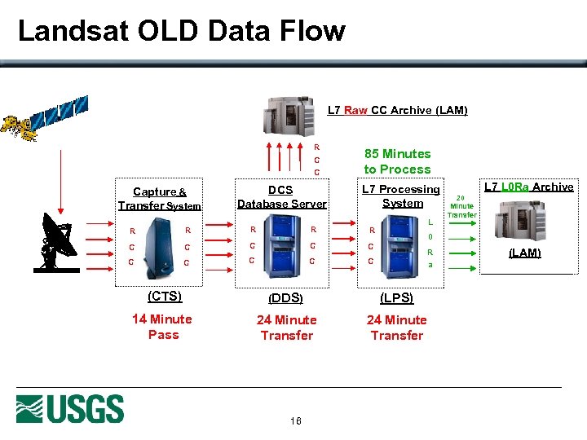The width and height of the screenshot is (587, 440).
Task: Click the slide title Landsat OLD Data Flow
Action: point(181,31)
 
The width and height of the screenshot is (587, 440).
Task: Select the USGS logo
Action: point(70,409)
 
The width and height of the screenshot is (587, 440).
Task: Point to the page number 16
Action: point(294,421)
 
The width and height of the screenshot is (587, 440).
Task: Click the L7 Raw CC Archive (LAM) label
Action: point(397,110)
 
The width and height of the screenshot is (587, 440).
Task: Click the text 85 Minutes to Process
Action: point(397,161)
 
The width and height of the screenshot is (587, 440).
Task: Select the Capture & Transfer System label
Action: point(160,199)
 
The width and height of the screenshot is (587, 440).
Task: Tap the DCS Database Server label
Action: point(281,196)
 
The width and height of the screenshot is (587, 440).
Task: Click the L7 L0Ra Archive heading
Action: point(528,187)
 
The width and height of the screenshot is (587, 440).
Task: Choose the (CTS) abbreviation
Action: point(164,297)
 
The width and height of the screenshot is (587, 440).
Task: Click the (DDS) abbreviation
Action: point(285,298)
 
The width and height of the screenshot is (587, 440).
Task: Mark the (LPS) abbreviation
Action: point(396,298)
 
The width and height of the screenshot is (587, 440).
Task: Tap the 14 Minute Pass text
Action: point(162,327)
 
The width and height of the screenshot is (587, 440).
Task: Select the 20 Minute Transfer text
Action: point(461,206)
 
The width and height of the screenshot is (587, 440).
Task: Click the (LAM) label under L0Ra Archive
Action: point(524,253)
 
